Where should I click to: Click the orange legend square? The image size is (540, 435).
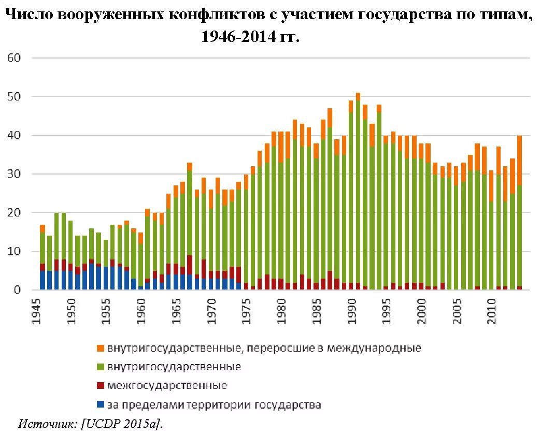pyautogui.click(x=101, y=348)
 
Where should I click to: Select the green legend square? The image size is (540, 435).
pyautogui.click(x=101, y=367)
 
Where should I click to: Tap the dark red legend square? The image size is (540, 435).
pyautogui.click(x=101, y=386)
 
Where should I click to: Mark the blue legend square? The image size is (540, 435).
pyautogui.click(x=101, y=404)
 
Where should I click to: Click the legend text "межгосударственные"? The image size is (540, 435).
pyautogui.click(x=167, y=386)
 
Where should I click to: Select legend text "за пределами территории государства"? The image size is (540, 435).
pyautogui.click(x=214, y=404)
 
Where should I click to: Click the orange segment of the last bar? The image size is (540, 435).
pyautogui.click(x=520, y=161)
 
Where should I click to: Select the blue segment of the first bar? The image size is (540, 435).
pyautogui.click(x=42, y=280)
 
